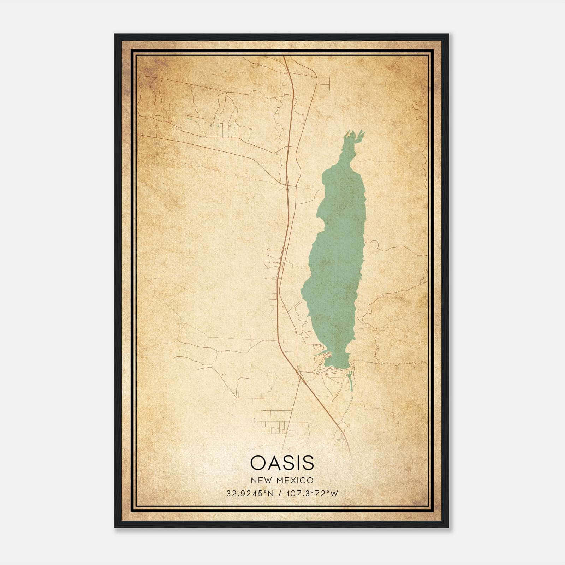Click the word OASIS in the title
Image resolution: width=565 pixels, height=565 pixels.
[282, 463]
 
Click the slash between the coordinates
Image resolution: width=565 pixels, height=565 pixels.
[280, 494]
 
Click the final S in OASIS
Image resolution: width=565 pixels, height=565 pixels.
[308, 463]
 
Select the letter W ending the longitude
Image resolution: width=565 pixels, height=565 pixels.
[334, 494]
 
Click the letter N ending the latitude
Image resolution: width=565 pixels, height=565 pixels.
[271, 494]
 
